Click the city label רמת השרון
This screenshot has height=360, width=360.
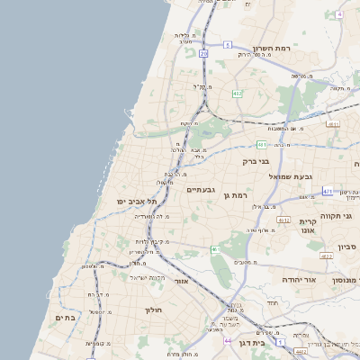[274, 47]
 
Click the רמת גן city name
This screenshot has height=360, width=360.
[237, 194]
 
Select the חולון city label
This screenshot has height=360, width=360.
[152, 310]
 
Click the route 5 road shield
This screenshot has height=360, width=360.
[228, 44]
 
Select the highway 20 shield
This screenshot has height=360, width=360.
[203, 54]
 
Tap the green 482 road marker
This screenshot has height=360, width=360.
[237, 94]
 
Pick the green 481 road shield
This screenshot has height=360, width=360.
[261, 144]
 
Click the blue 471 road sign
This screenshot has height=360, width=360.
[328, 191]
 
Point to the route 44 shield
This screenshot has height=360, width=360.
[228, 341]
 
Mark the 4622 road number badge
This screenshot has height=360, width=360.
[326, 256]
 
